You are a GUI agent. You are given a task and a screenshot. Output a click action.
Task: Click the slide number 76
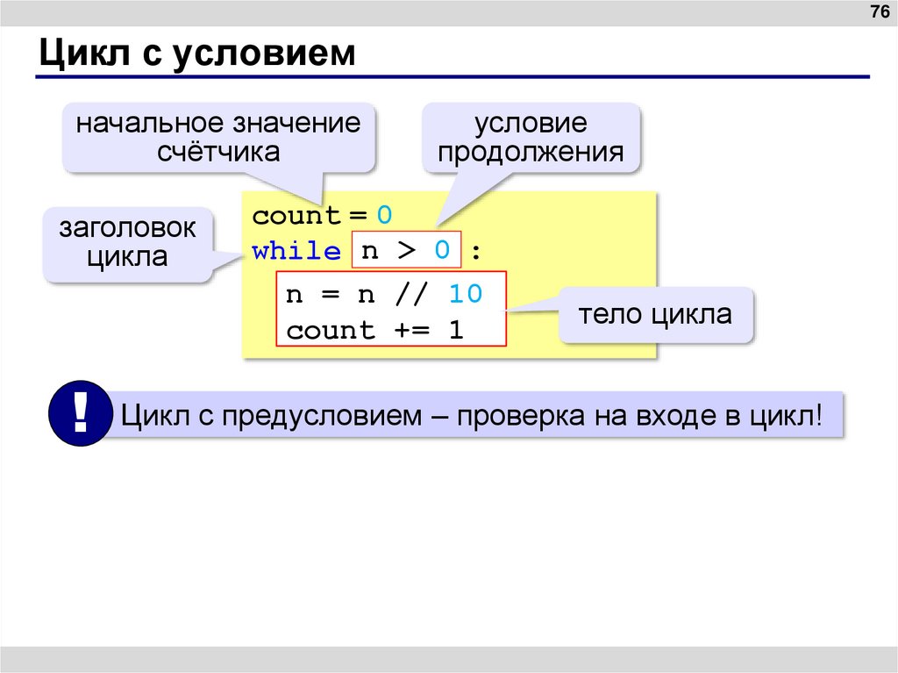pos(878,12)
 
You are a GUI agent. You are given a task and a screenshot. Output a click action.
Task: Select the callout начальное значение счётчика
pos(218,137)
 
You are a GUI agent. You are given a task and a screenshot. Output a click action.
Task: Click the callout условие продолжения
pos(531,137)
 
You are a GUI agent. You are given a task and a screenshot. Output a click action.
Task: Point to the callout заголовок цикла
pos(128,243)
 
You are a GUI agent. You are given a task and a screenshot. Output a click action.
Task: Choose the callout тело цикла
pos(655,314)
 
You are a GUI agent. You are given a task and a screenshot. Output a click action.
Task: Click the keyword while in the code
pos(296,252)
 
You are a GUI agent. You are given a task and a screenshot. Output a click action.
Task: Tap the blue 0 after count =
pos(384,216)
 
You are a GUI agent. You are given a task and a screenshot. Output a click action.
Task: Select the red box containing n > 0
pos(405,251)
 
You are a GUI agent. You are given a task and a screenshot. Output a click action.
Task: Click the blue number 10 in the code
pos(465,295)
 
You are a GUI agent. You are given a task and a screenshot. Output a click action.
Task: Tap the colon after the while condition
pos(475,253)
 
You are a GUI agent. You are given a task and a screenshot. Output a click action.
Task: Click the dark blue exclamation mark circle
pos(81,413)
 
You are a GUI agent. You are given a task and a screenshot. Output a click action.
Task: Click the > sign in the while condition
pos(406,252)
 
